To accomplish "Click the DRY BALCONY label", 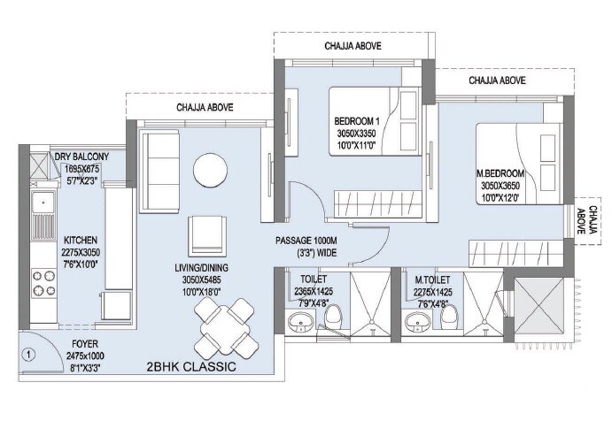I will tap(81, 157).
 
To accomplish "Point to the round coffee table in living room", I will tap(212, 168).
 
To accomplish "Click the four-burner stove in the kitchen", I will tap(43, 285).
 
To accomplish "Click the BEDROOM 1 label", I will tap(357, 121).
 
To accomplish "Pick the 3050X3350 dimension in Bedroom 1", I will tap(357, 134).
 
